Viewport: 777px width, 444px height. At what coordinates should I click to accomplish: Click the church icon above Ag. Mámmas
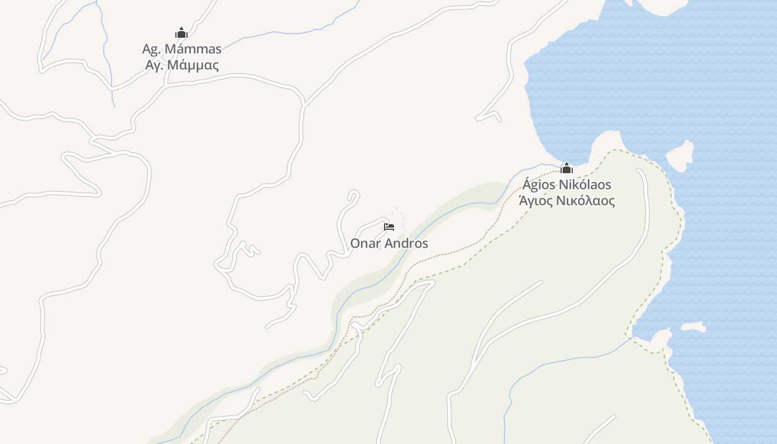coord(181,33)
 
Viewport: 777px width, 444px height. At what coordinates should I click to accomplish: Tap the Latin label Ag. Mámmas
coord(181,49)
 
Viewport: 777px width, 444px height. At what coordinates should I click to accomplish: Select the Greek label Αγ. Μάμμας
coord(181,65)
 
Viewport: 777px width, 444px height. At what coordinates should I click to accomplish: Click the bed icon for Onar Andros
coord(389,226)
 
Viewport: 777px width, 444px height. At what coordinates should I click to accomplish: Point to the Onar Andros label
coord(389,243)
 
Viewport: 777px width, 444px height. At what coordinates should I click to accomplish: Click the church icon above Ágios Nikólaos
coord(567,168)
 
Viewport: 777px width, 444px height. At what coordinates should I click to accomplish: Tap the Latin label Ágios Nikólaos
coord(567,184)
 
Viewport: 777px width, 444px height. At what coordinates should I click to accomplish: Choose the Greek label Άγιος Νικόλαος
coord(567,200)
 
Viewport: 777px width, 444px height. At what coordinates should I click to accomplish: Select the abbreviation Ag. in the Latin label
coord(151,49)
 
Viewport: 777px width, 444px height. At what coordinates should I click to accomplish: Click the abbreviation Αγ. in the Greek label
coord(154,65)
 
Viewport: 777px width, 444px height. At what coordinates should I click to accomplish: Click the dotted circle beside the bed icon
coord(398,217)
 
